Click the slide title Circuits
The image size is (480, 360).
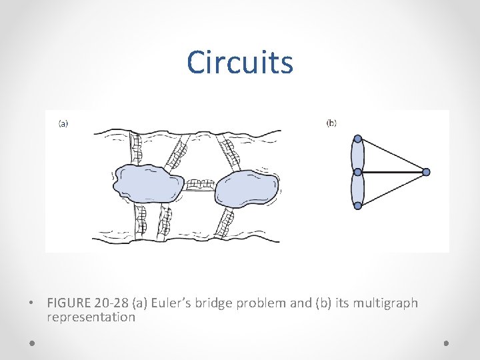click(239, 62)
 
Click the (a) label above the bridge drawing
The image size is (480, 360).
click(63, 123)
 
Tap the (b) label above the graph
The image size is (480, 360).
click(331, 123)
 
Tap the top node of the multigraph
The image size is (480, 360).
click(358, 139)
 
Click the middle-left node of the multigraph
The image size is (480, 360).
click(358, 172)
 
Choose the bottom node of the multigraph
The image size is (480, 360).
click(358, 205)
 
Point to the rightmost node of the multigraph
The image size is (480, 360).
click(426, 172)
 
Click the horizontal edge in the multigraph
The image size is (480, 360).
click(393, 172)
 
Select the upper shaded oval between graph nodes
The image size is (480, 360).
click(358, 155)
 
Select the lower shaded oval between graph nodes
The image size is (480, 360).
click(358, 189)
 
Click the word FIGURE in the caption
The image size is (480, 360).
click(69, 303)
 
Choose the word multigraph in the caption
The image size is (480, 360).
click(385, 303)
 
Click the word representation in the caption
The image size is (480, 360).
click(91, 317)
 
